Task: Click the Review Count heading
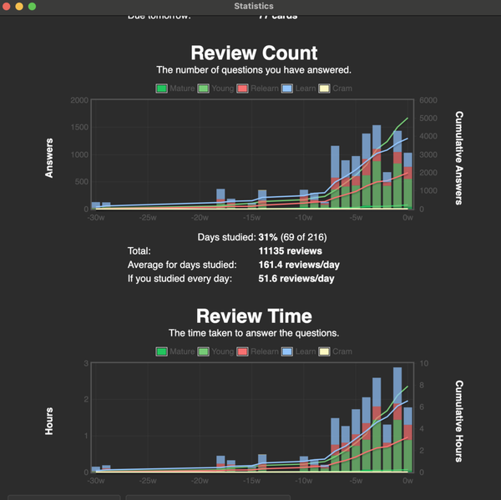point(254,53)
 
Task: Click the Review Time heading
point(254,316)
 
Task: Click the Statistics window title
point(254,6)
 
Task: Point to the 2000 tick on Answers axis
point(78,100)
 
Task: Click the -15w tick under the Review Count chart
point(250,220)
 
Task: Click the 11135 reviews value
point(291,250)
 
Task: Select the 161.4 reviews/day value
point(299,265)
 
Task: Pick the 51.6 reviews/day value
point(296,278)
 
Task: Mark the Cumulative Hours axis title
point(458,421)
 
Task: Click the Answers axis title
point(49,157)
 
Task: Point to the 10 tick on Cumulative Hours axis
point(424,363)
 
